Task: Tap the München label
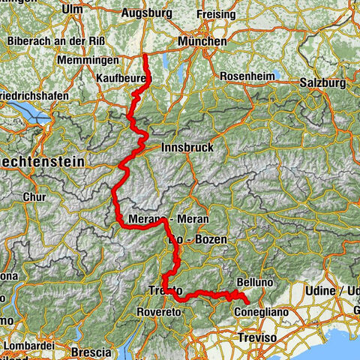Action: [x=202, y=43]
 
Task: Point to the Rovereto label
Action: [x=158, y=311]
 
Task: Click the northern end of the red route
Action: [x=145, y=55]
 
